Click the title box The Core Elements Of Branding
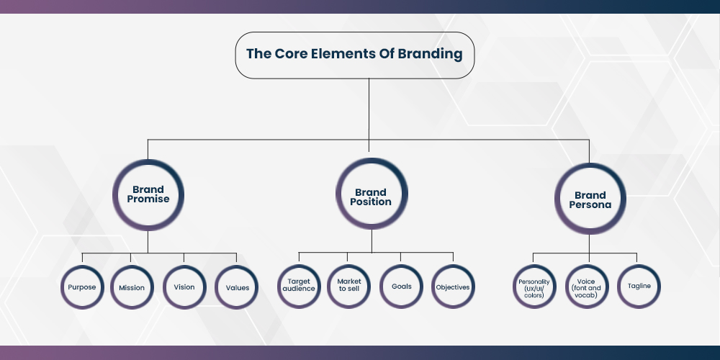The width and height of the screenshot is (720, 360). click(354, 54)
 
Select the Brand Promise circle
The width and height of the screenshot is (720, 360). click(148, 194)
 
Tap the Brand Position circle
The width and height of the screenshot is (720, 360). click(372, 197)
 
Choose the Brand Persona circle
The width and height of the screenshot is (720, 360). click(590, 199)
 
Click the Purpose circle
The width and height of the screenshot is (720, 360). click(81, 287)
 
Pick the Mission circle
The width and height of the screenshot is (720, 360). click(132, 287)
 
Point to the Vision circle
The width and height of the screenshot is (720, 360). click(184, 287)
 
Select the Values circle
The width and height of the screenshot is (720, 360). click(237, 287)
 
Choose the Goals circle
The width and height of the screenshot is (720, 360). click(401, 287)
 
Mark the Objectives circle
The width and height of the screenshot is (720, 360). click(453, 287)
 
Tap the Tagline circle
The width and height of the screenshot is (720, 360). click(638, 286)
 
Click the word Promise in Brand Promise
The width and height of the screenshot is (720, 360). click(148, 199)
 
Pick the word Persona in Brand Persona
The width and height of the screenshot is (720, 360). click(590, 205)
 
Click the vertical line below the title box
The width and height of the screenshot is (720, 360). click(369, 108)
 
